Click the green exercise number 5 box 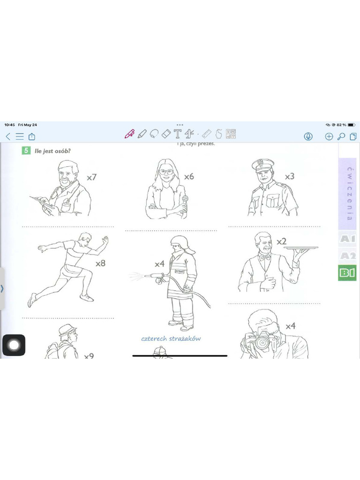[x=26, y=150]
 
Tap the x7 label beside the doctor [x=92, y=177]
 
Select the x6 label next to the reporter [x=189, y=177]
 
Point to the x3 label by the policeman [x=290, y=177]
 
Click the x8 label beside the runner [x=100, y=263]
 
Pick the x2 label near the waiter [x=281, y=241]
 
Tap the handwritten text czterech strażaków [x=171, y=338]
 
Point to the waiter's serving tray [x=301, y=247]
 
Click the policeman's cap [x=262, y=165]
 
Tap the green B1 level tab [x=347, y=273]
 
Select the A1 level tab [x=347, y=239]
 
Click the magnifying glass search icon [x=341, y=136]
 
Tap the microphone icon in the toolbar [x=308, y=136]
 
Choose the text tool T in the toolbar [x=178, y=135]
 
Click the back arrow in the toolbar [x=7, y=136]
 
